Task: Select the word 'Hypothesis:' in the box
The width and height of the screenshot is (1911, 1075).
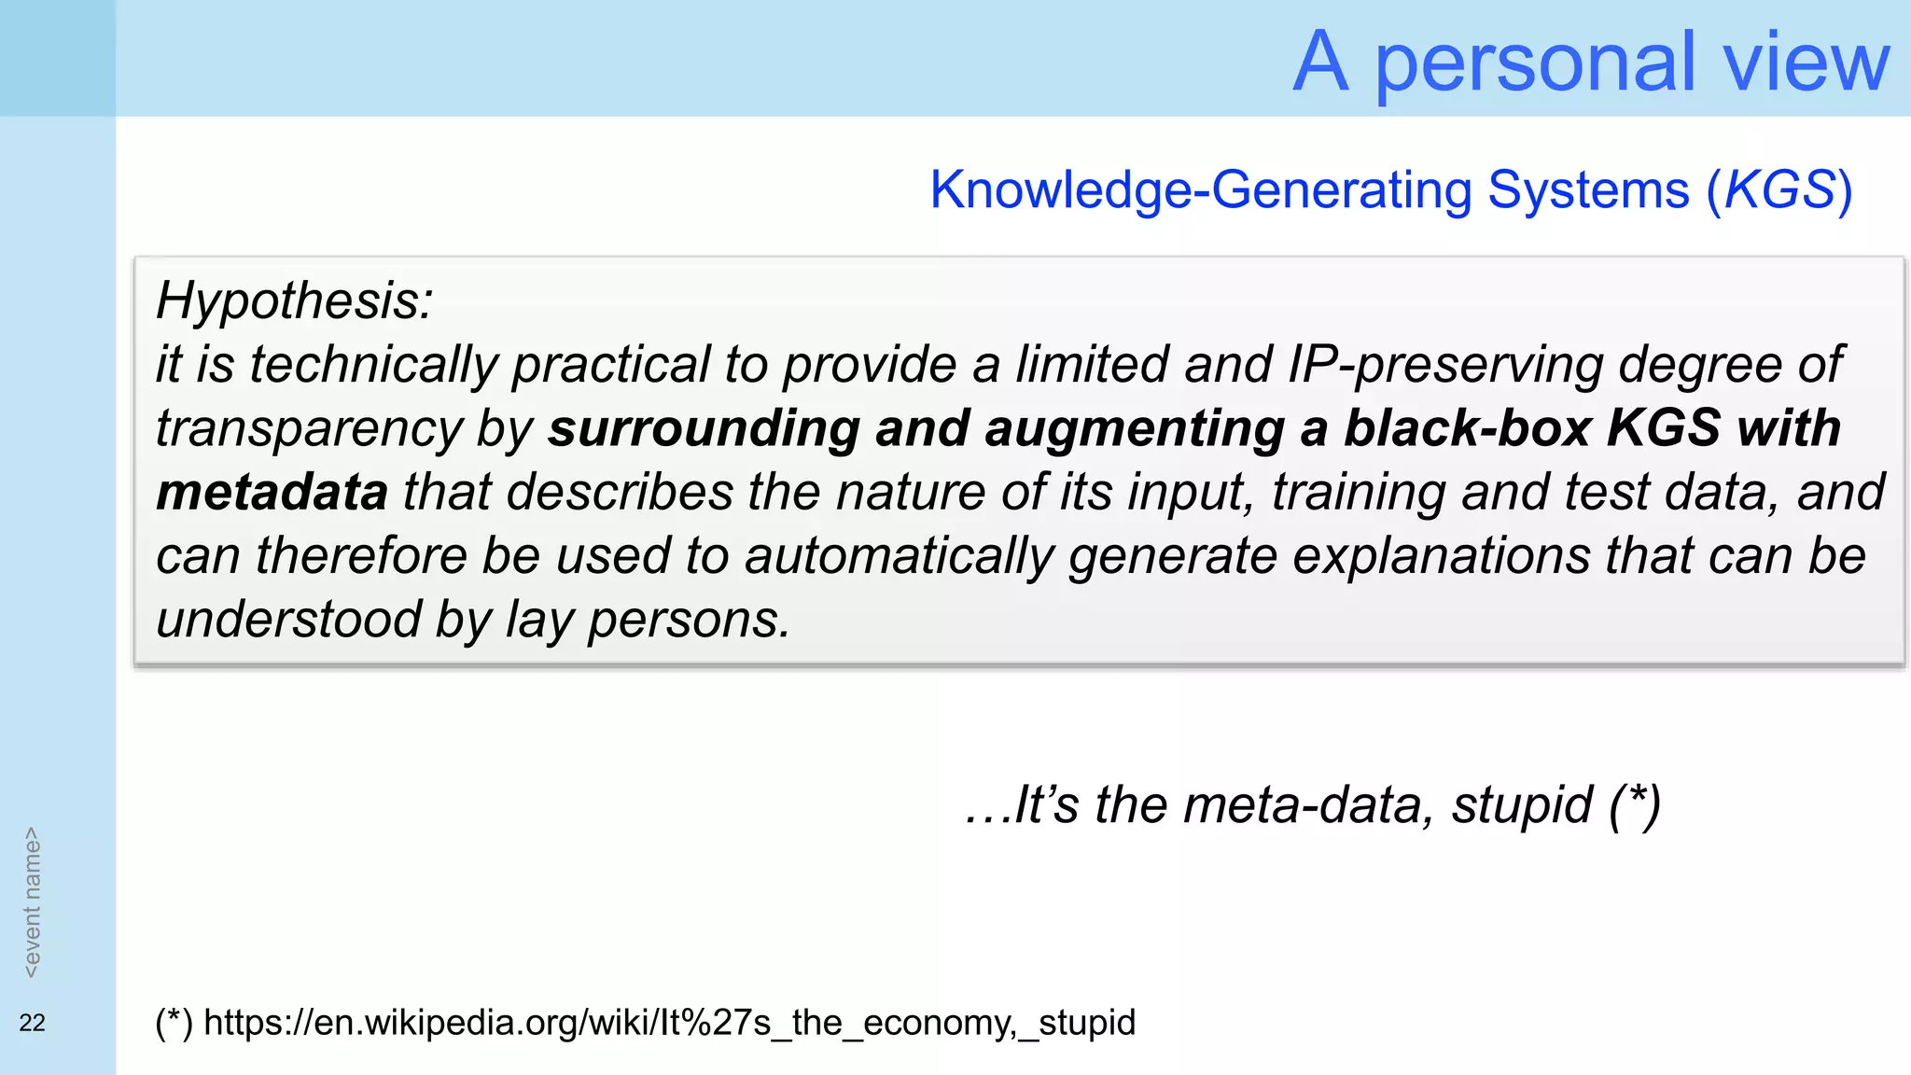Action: (295, 300)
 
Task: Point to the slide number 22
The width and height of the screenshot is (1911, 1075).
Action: (32, 1023)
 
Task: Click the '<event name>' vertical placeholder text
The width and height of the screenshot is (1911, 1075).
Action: (32, 902)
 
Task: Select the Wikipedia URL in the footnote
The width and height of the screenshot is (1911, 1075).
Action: (669, 1023)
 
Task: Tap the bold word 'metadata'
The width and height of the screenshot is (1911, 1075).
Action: (272, 492)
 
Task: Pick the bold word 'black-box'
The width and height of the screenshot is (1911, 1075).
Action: (1467, 428)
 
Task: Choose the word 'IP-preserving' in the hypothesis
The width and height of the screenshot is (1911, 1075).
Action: (1444, 364)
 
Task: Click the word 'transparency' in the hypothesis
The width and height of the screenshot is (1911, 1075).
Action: (309, 428)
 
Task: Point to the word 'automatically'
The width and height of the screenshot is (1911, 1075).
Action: (899, 556)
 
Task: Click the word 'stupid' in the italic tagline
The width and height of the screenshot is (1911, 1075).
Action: (1521, 804)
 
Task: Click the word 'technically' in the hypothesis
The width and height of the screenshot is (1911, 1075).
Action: (373, 364)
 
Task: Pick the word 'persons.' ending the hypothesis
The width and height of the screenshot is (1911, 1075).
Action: (689, 620)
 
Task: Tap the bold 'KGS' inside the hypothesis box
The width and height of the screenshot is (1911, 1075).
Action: (1663, 428)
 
